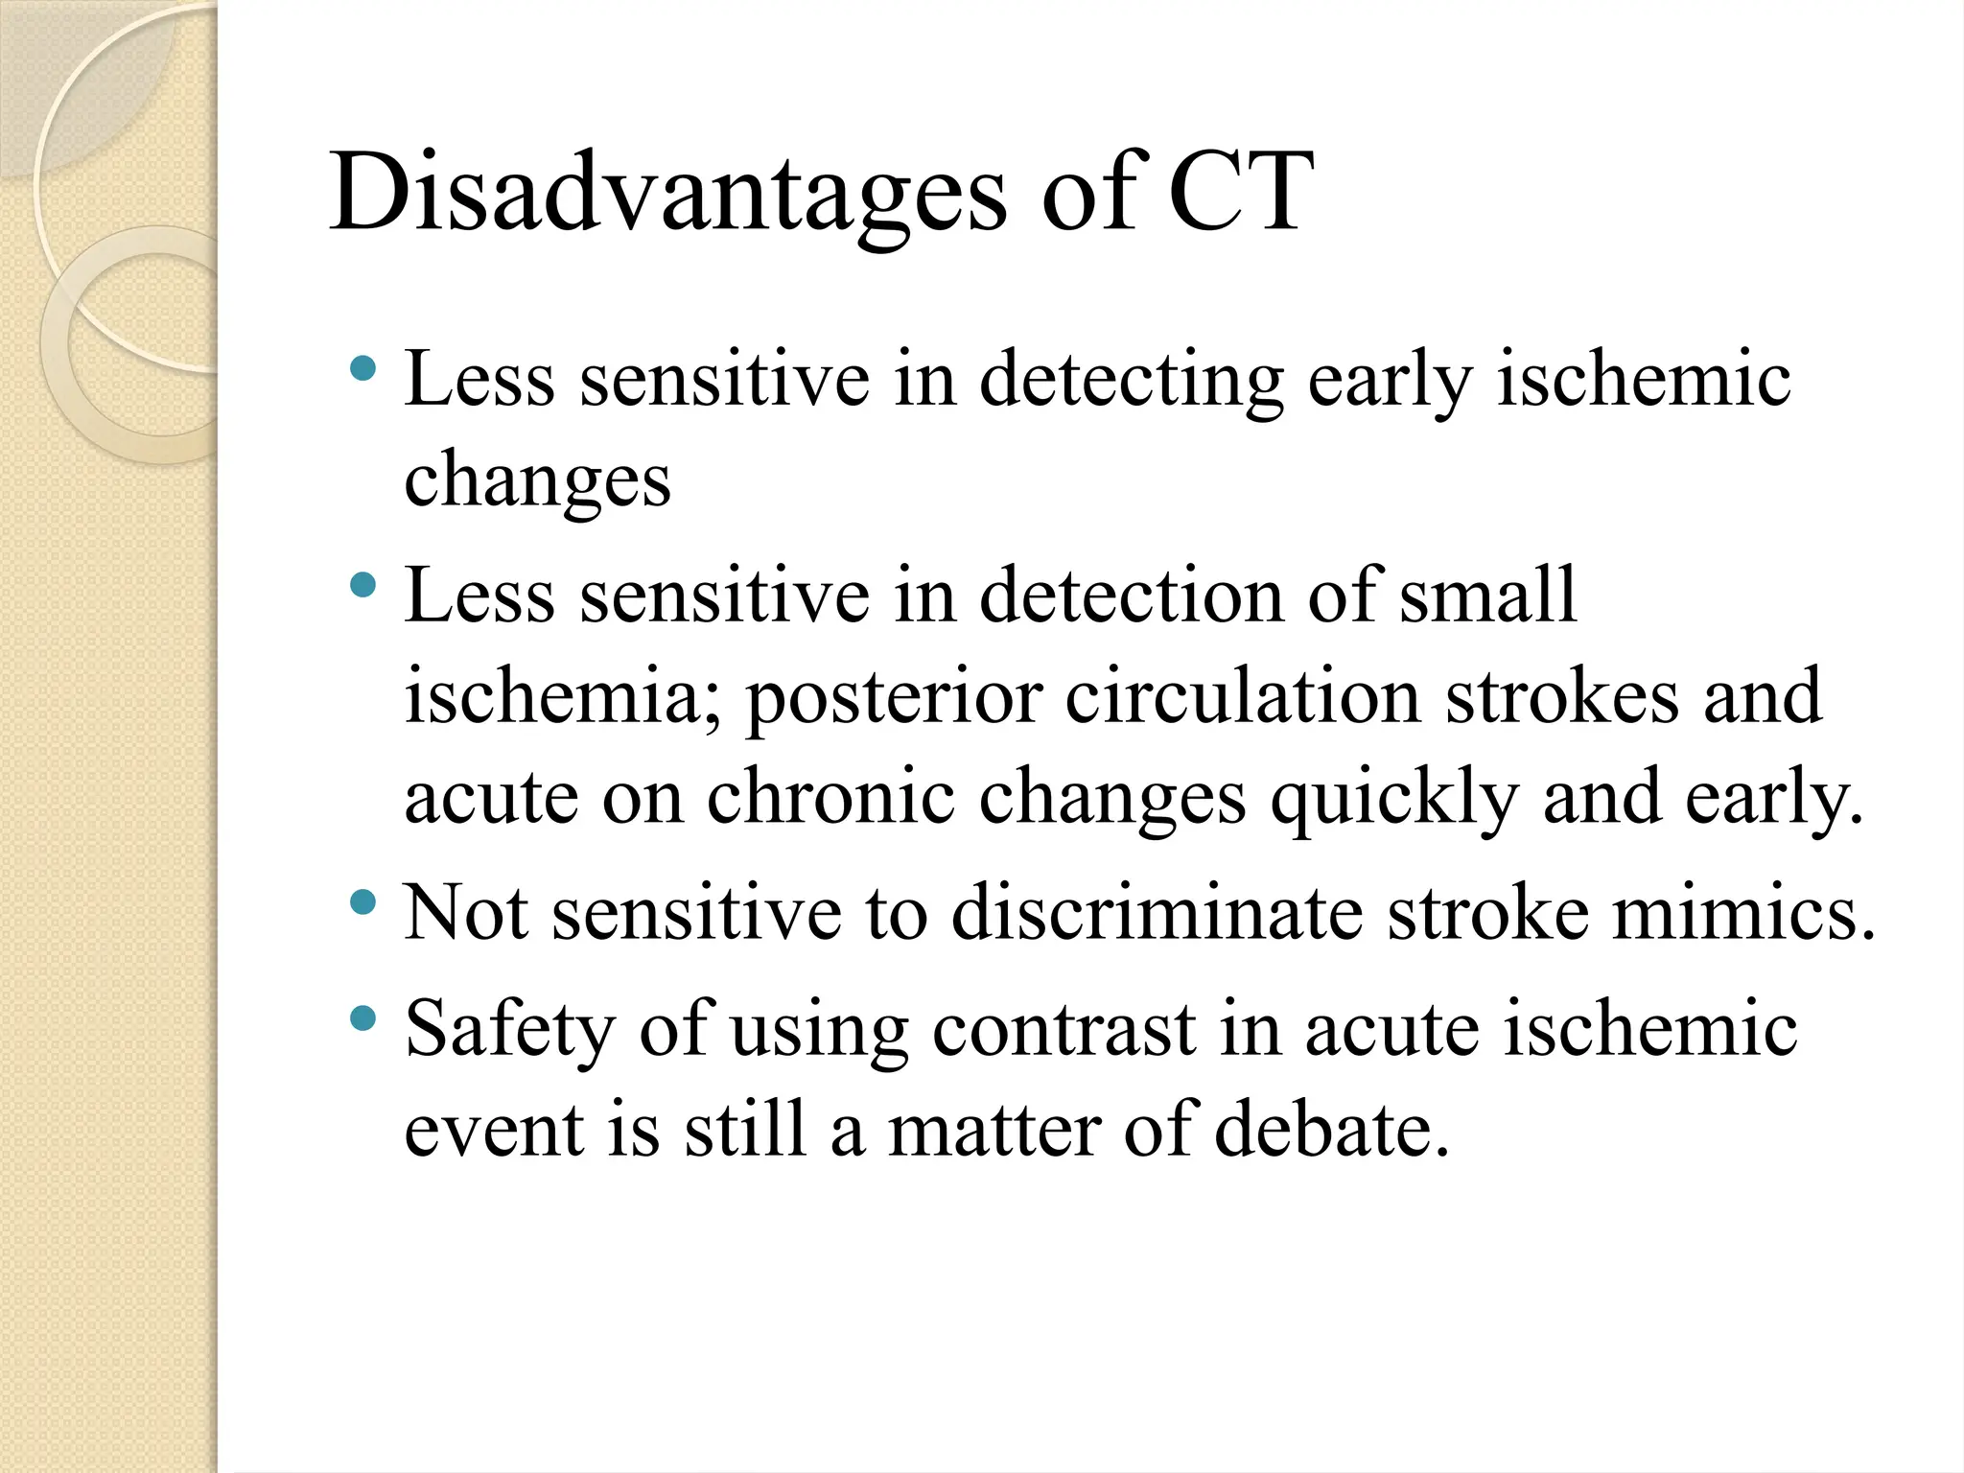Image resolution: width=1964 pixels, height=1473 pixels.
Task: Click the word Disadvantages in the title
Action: (x=667, y=194)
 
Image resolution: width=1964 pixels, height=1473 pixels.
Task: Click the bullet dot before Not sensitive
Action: (x=363, y=901)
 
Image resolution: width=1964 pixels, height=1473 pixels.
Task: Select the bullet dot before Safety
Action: (x=363, y=1017)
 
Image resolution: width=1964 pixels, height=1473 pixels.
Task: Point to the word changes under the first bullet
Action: (x=537, y=482)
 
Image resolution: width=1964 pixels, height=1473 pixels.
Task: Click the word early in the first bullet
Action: (x=1390, y=381)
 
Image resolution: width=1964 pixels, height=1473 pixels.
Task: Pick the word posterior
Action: (x=894, y=698)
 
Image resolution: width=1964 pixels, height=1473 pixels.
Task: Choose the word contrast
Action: (x=1064, y=1030)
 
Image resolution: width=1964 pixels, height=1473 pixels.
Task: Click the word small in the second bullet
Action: (x=1487, y=595)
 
